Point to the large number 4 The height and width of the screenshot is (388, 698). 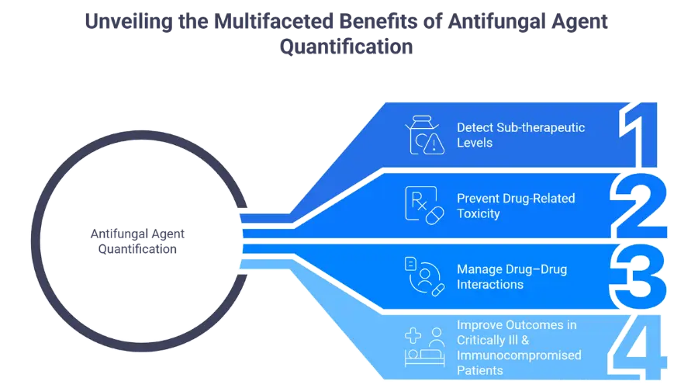[641, 347]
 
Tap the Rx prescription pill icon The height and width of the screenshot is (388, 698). [423, 206]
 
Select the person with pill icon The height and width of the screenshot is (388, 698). [423, 276]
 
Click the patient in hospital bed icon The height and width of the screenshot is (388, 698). [423, 347]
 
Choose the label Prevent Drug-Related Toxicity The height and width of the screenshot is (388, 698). [516, 206]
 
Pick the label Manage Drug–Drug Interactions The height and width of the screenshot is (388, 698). [512, 276]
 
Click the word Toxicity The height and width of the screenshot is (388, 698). [479, 213]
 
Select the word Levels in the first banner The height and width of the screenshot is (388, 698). [475, 143]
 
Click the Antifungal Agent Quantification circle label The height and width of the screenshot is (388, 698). [134, 241]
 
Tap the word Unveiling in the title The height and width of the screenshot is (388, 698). [128, 21]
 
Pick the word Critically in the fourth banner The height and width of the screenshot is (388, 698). [483, 340]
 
